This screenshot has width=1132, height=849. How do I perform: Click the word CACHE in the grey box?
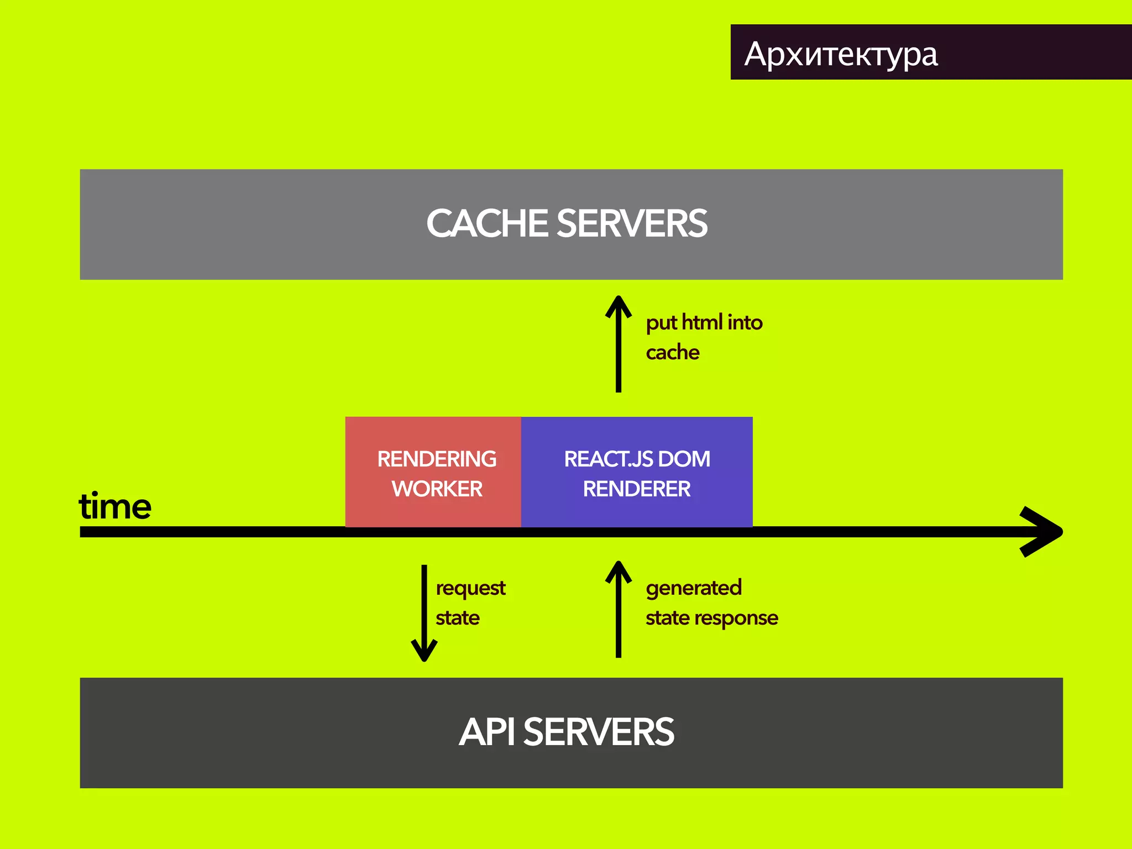[486, 224]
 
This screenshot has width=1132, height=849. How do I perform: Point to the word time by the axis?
[115, 506]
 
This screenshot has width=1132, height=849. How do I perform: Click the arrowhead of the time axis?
[1042, 532]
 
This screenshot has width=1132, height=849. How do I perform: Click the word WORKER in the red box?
[437, 489]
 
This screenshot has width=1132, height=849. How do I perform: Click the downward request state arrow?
[424, 614]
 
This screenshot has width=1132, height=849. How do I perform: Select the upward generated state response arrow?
[618, 611]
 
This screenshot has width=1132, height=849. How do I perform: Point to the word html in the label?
[702, 322]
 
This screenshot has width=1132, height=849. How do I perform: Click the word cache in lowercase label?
[672, 353]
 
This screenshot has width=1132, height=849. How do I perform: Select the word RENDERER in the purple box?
[636, 489]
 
